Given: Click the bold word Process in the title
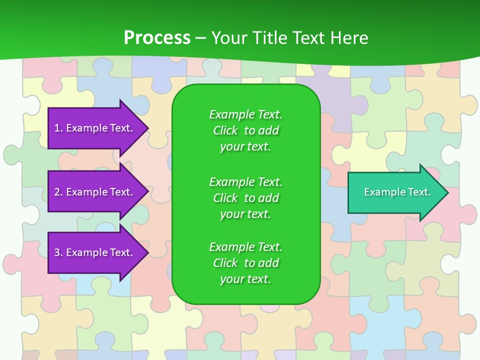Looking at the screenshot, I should (157, 38).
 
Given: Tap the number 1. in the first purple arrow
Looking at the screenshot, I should (58, 128).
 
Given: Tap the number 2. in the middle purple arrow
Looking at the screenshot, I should (58, 192).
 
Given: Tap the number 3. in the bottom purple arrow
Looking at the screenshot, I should (58, 252).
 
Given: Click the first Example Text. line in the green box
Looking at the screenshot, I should (245, 114).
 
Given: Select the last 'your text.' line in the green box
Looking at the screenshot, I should (245, 279).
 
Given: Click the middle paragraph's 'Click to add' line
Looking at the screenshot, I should (245, 198).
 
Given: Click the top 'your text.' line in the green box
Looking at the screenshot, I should (245, 146).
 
